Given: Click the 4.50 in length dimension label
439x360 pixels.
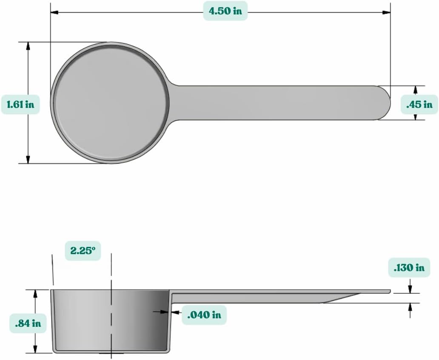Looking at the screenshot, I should click(225, 11).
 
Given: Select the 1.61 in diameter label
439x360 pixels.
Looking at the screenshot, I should click(20, 104).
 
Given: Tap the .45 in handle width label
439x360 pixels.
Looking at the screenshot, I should click(419, 104).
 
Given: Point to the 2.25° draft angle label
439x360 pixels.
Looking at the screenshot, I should click(83, 250).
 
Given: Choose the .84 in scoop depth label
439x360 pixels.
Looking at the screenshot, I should click(28, 323).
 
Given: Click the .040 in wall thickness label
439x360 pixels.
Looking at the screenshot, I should click(204, 315).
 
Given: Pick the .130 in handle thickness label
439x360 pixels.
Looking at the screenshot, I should click(409, 268).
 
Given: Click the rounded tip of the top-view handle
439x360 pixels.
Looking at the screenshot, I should click(385, 103).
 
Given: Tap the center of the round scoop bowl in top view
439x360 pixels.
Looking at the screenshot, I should click(110, 102).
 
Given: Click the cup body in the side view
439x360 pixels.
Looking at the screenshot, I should click(111, 321).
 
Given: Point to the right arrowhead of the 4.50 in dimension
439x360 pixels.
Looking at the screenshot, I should click(387, 12).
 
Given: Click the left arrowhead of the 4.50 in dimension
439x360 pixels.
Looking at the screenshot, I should click(54, 12).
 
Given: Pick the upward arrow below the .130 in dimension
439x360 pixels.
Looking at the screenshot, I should click(410, 307).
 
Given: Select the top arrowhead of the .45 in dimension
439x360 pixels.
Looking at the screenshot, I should click(416, 89).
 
